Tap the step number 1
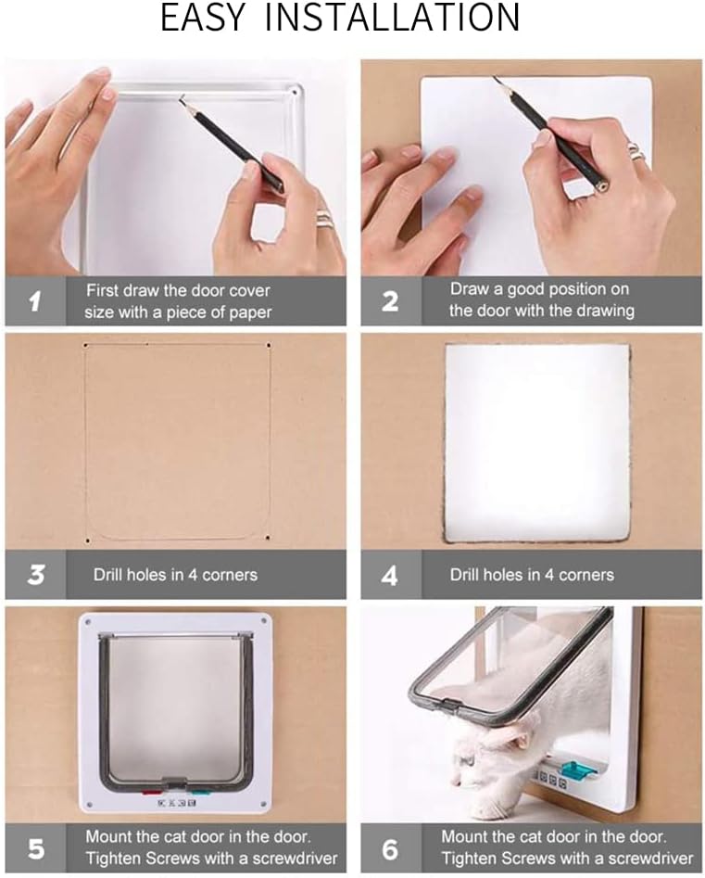(34, 300)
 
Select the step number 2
(390, 300)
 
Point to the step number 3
(35, 574)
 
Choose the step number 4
(390, 575)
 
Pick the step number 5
(34, 847)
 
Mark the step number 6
(390, 847)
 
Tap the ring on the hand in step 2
(633, 149)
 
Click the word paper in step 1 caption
(248, 312)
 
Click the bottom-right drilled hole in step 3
(268, 538)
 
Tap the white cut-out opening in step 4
(535, 440)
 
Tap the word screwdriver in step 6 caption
(648, 858)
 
